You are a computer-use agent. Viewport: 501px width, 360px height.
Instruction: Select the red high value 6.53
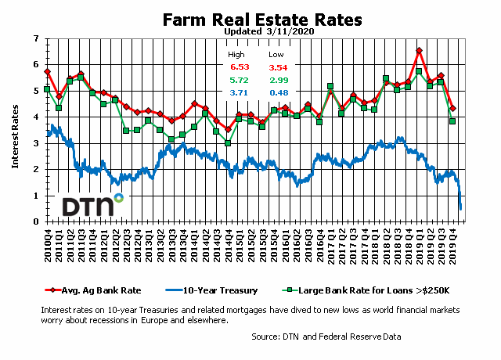[236, 70]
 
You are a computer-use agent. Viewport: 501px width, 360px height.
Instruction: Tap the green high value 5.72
[236, 81]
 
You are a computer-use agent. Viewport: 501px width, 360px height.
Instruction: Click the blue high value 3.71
[236, 93]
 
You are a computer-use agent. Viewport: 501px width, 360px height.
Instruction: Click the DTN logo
[93, 206]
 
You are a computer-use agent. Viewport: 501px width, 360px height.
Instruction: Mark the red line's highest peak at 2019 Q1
[420, 51]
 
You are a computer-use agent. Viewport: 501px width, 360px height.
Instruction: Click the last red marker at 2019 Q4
[452, 108]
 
